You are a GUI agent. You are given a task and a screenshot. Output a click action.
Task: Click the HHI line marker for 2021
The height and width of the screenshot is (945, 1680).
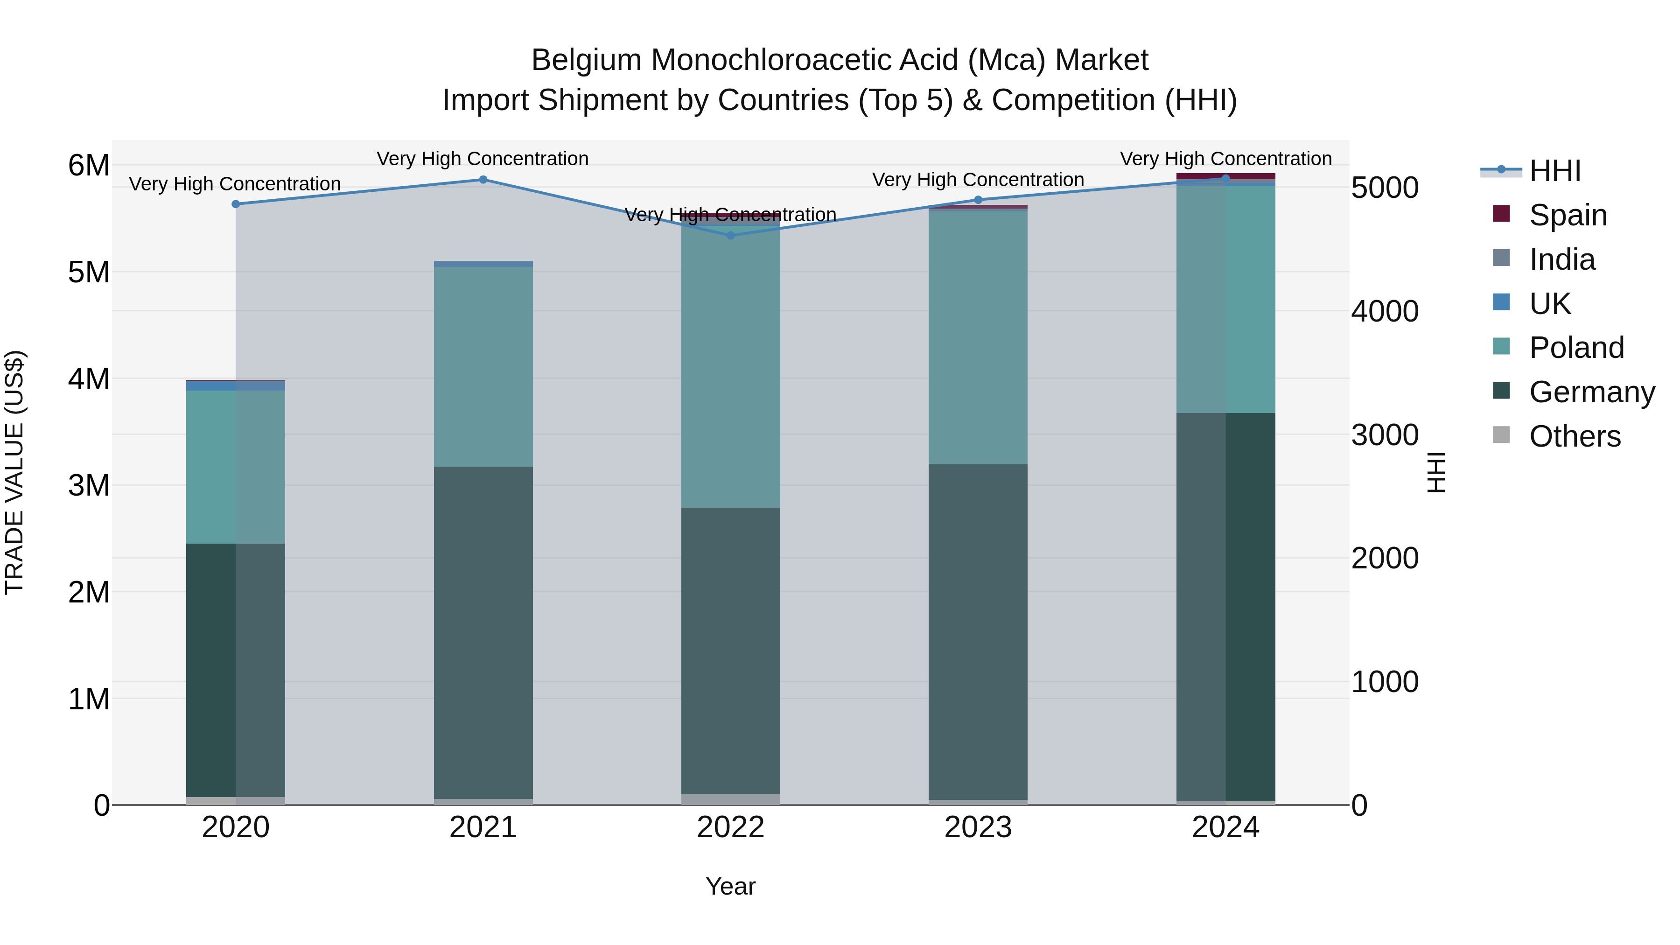pyautogui.click(x=483, y=179)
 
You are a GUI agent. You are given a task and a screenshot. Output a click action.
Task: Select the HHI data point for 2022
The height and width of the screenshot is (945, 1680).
pyautogui.click(x=730, y=236)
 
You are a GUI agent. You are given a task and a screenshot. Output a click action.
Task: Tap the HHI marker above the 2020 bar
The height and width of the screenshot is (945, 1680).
pyautogui.click(x=236, y=204)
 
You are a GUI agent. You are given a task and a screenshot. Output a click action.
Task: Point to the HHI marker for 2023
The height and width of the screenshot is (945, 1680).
pyautogui.click(x=978, y=200)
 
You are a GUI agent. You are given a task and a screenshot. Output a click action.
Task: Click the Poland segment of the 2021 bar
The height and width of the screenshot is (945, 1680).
pyautogui.click(x=483, y=366)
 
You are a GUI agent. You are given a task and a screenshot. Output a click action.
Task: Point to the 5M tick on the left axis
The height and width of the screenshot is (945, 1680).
pyautogui.click(x=89, y=273)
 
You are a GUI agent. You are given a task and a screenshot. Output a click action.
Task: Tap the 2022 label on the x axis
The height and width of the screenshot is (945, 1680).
pyautogui.click(x=730, y=827)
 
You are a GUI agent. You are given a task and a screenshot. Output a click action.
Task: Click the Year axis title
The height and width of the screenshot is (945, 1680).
pyautogui.click(x=730, y=886)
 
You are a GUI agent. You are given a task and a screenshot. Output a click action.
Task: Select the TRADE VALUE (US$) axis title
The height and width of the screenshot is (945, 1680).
pyautogui.click(x=14, y=472)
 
